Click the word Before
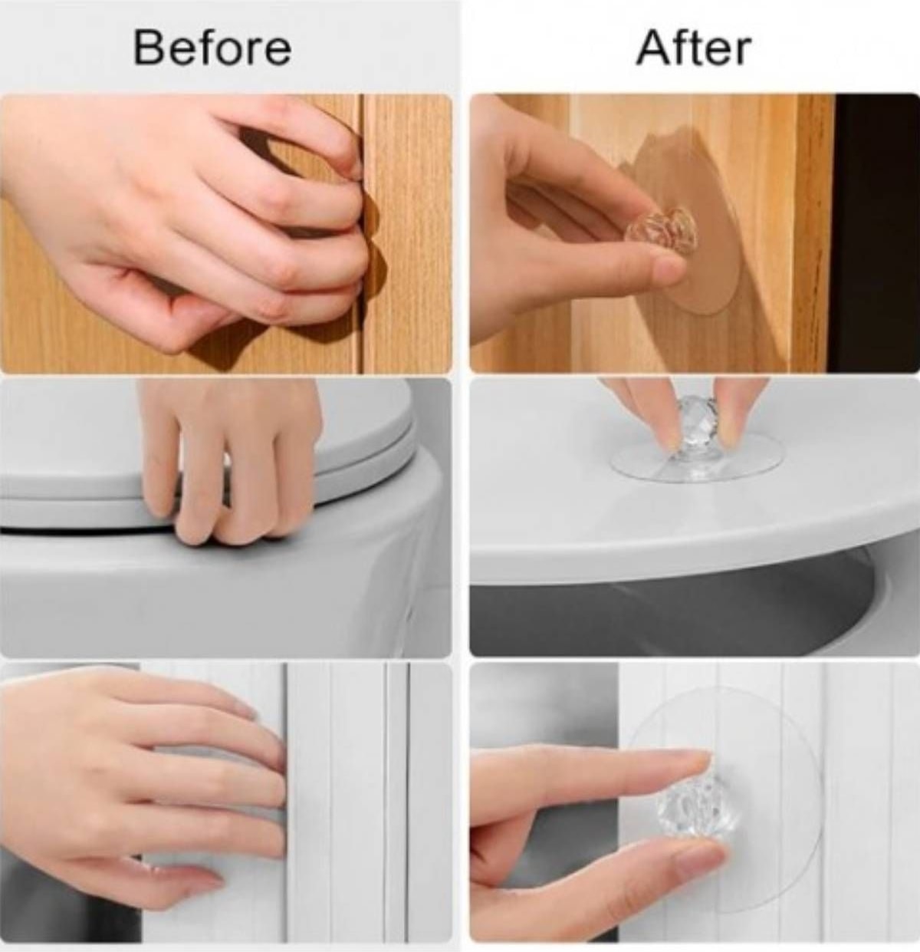[x=212, y=48]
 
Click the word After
[x=693, y=48]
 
